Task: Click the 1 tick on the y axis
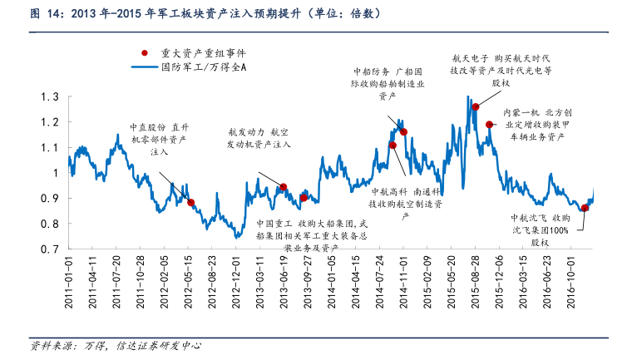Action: [x=55, y=173]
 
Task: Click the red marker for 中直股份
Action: [x=190, y=202]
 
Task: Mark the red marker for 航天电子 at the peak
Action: [x=476, y=106]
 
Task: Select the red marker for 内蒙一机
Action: [x=490, y=125]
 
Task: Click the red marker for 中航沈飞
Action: [x=585, y=208]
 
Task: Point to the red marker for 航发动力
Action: [x=284, y=187]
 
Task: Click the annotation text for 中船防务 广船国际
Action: [x=388, y=84]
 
